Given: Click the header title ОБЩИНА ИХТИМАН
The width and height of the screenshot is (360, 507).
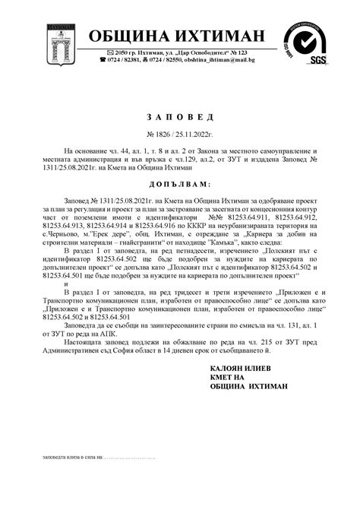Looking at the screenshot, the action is (177, 36).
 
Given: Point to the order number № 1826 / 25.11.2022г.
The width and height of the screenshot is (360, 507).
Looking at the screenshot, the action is (180, 133).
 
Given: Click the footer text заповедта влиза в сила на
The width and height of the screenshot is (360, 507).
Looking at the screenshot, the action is (71, 458).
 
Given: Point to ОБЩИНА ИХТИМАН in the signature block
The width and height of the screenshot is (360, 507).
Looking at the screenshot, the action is (248, 387).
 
